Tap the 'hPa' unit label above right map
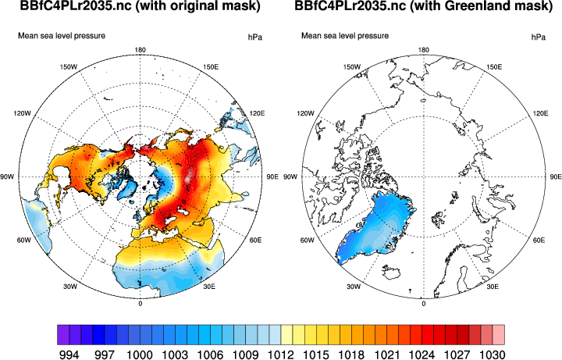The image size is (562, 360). (538, 37)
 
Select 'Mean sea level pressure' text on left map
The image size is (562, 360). (62, 36)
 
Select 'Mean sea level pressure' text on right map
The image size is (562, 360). (345, 36)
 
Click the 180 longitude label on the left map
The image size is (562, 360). (140, 51)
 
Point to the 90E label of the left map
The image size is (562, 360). (272, 177)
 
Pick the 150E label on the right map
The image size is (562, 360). (493, 67)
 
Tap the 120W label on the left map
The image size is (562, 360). (22, 113)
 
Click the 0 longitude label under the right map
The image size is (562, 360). (423, 303)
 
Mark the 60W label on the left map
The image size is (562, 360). (22, 241)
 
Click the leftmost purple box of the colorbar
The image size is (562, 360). (63, 334)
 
